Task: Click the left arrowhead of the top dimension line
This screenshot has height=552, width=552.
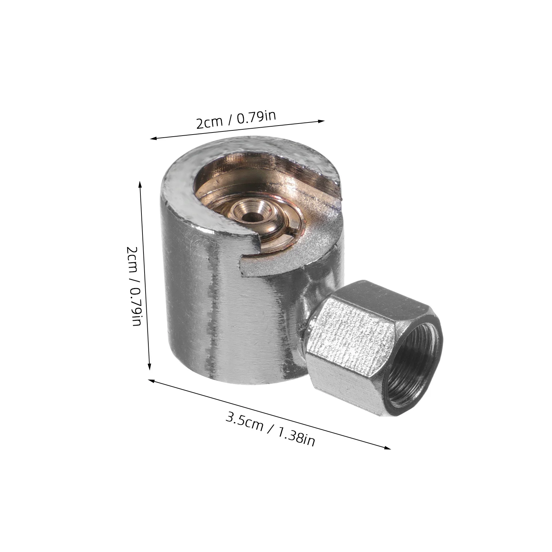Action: [x=154, y=139]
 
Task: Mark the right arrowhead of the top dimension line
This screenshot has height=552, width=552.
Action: [x=321, y=121]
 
